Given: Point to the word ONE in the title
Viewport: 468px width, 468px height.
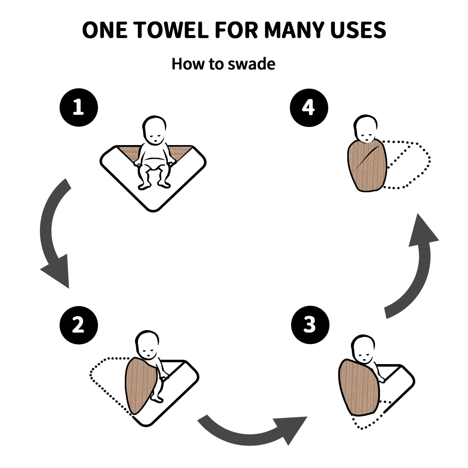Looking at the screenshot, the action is pyautogui.click(x=105, y=30).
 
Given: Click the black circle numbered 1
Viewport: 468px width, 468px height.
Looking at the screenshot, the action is pyautogui.click(x=79, y=108).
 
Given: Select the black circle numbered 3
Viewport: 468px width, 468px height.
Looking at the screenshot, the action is pyautogui.click(x=310, y=325).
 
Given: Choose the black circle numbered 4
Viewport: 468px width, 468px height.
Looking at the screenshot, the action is pyautogui.click(x=309, y=108).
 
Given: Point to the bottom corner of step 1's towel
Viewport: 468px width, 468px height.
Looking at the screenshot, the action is pyautogui.click(x=153, y=211).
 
